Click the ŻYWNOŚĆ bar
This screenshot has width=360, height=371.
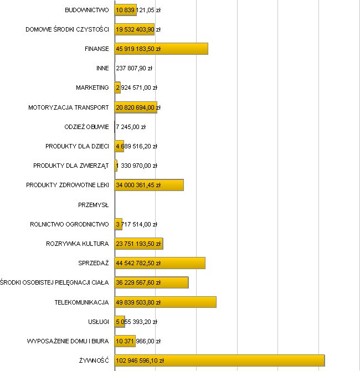point(219,360)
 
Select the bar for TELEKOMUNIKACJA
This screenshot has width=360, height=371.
point(165,302)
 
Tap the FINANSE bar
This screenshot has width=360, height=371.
point(161,49)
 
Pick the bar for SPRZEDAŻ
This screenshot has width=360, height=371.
point(160,263)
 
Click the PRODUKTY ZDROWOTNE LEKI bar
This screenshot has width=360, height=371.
point(149,185)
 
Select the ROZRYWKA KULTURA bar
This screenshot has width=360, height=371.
point(138,244)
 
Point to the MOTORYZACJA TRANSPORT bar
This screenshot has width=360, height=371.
point(136,107)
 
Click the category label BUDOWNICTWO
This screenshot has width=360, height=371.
point(87,10)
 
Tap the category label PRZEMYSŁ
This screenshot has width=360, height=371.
point(94,205)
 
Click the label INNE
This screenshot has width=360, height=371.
point(102,69)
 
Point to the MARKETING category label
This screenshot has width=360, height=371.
point(92,88)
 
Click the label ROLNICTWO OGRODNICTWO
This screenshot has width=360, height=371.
point(69,224)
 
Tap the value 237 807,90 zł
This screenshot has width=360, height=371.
point(134,69)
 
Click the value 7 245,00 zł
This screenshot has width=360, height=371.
point(131,127)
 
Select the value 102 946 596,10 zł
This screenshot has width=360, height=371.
point(140,360)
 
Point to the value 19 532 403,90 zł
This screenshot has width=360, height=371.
point(138,29)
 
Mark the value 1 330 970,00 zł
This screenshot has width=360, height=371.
point(137,166)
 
